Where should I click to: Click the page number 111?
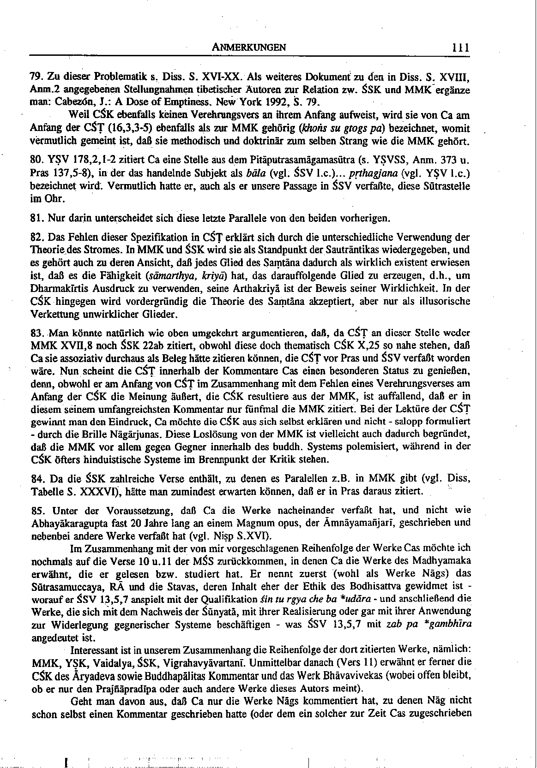point(461,47)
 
